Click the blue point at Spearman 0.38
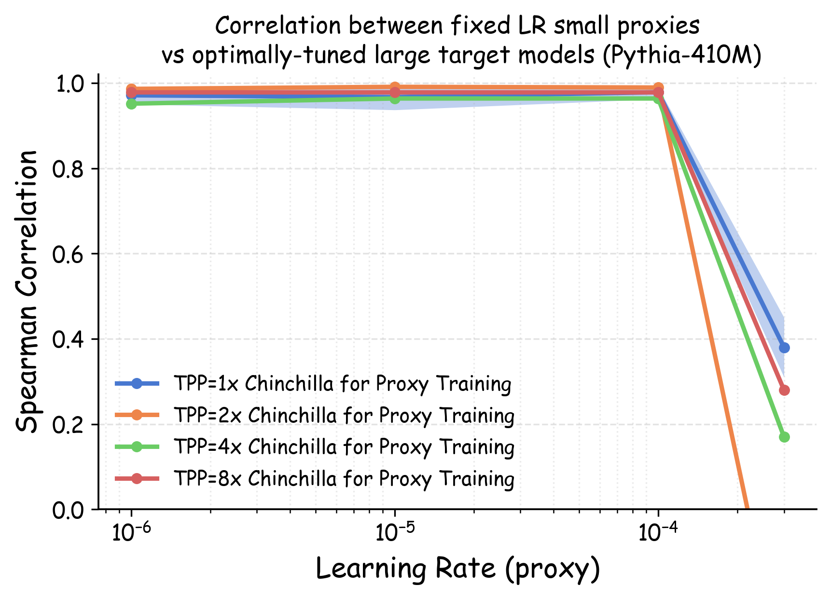tap(784, 348)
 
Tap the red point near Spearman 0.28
tap(784, 390)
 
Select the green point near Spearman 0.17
tap(784, 437)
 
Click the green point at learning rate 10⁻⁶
tap(131, 104)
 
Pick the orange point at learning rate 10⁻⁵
tap(395, 87)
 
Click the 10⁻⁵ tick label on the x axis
tap(395, 532)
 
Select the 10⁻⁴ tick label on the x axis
tap(658, 532)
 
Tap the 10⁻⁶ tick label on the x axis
tap(131, 532)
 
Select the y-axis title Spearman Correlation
tap(27, 291)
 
